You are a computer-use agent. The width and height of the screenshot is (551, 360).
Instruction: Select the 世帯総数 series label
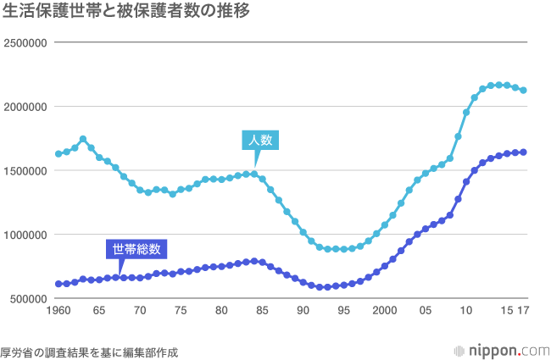136,249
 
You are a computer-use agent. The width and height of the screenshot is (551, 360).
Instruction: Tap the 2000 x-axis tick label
384,311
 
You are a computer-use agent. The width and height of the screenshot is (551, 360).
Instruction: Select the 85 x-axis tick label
262,311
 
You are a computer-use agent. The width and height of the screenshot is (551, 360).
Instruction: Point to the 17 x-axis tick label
524,311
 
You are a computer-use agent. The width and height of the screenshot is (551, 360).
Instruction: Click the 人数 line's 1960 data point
58,153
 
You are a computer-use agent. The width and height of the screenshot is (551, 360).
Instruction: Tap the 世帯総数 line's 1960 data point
58,284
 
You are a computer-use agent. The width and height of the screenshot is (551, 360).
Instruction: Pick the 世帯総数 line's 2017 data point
523,152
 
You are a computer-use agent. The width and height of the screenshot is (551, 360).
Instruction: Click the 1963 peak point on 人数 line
83,139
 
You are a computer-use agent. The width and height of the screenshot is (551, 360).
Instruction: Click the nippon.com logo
499,350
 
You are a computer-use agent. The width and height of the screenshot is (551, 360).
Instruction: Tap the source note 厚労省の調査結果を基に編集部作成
90,351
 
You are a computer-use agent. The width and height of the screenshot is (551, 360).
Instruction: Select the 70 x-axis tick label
140,311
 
